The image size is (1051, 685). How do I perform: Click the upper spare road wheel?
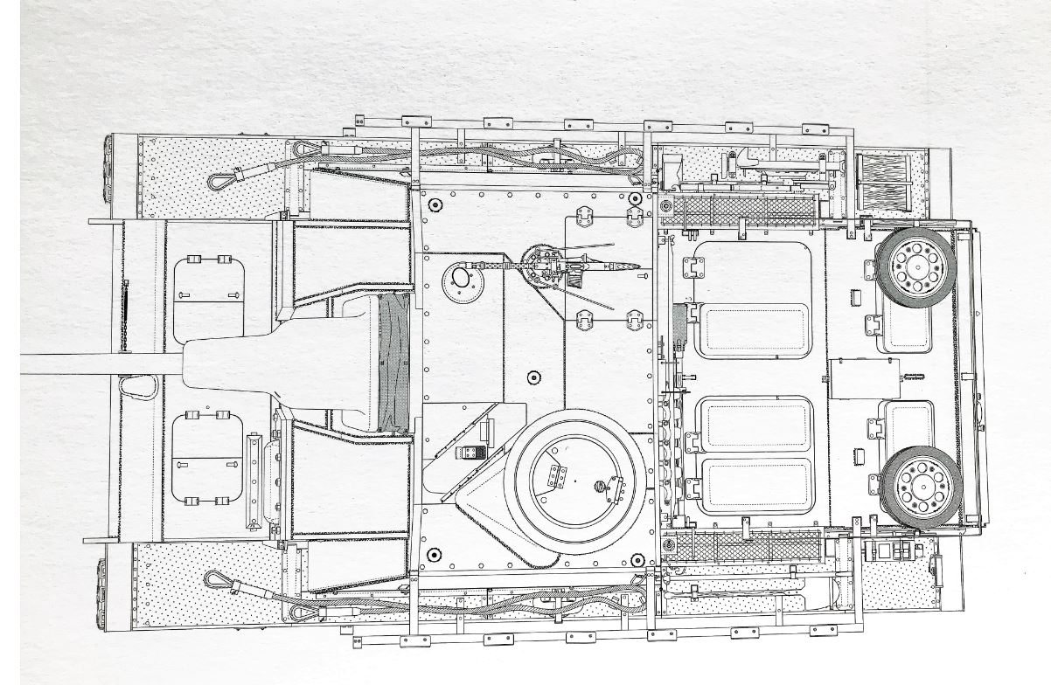913,261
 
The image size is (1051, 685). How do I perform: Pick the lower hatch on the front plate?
207,459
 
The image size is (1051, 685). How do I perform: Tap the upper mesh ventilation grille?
740,210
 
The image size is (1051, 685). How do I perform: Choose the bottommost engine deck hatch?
756,485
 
